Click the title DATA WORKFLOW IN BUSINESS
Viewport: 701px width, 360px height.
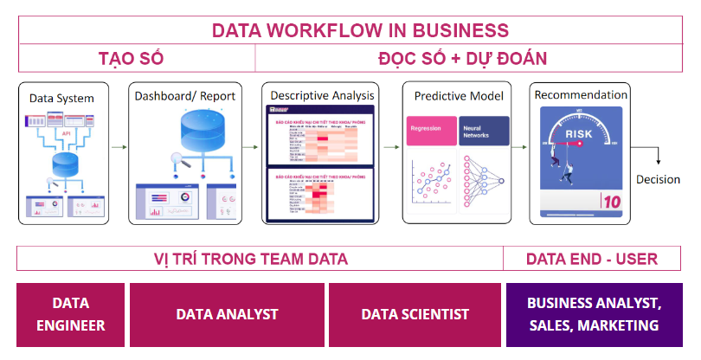click(x=361, y=31)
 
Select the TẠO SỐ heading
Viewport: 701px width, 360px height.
click(x=131, y=59)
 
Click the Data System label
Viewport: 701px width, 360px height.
click(x=62, y=98)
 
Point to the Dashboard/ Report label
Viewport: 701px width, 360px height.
click(x=185, y=95)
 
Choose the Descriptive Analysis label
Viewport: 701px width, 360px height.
click(x=322, y=94)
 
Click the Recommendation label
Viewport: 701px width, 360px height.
click(x=581, y=93)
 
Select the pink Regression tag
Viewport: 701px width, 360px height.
click(x=431, y=126)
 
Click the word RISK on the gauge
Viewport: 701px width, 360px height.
click(x=579, y=134)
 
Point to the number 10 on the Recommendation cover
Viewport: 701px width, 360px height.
click(x=611, y=200)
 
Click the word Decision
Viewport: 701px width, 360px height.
click(x=659, y=179)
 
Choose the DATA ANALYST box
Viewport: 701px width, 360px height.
click(x=228, y=314)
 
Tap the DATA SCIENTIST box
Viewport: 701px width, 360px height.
click(x=415, y=314)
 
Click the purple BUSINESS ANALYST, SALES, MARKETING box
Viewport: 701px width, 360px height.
click(x=594, y=315)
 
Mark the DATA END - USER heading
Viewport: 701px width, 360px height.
click(x=592, y=258)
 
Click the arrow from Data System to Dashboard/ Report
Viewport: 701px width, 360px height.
click(x=118, y=148)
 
